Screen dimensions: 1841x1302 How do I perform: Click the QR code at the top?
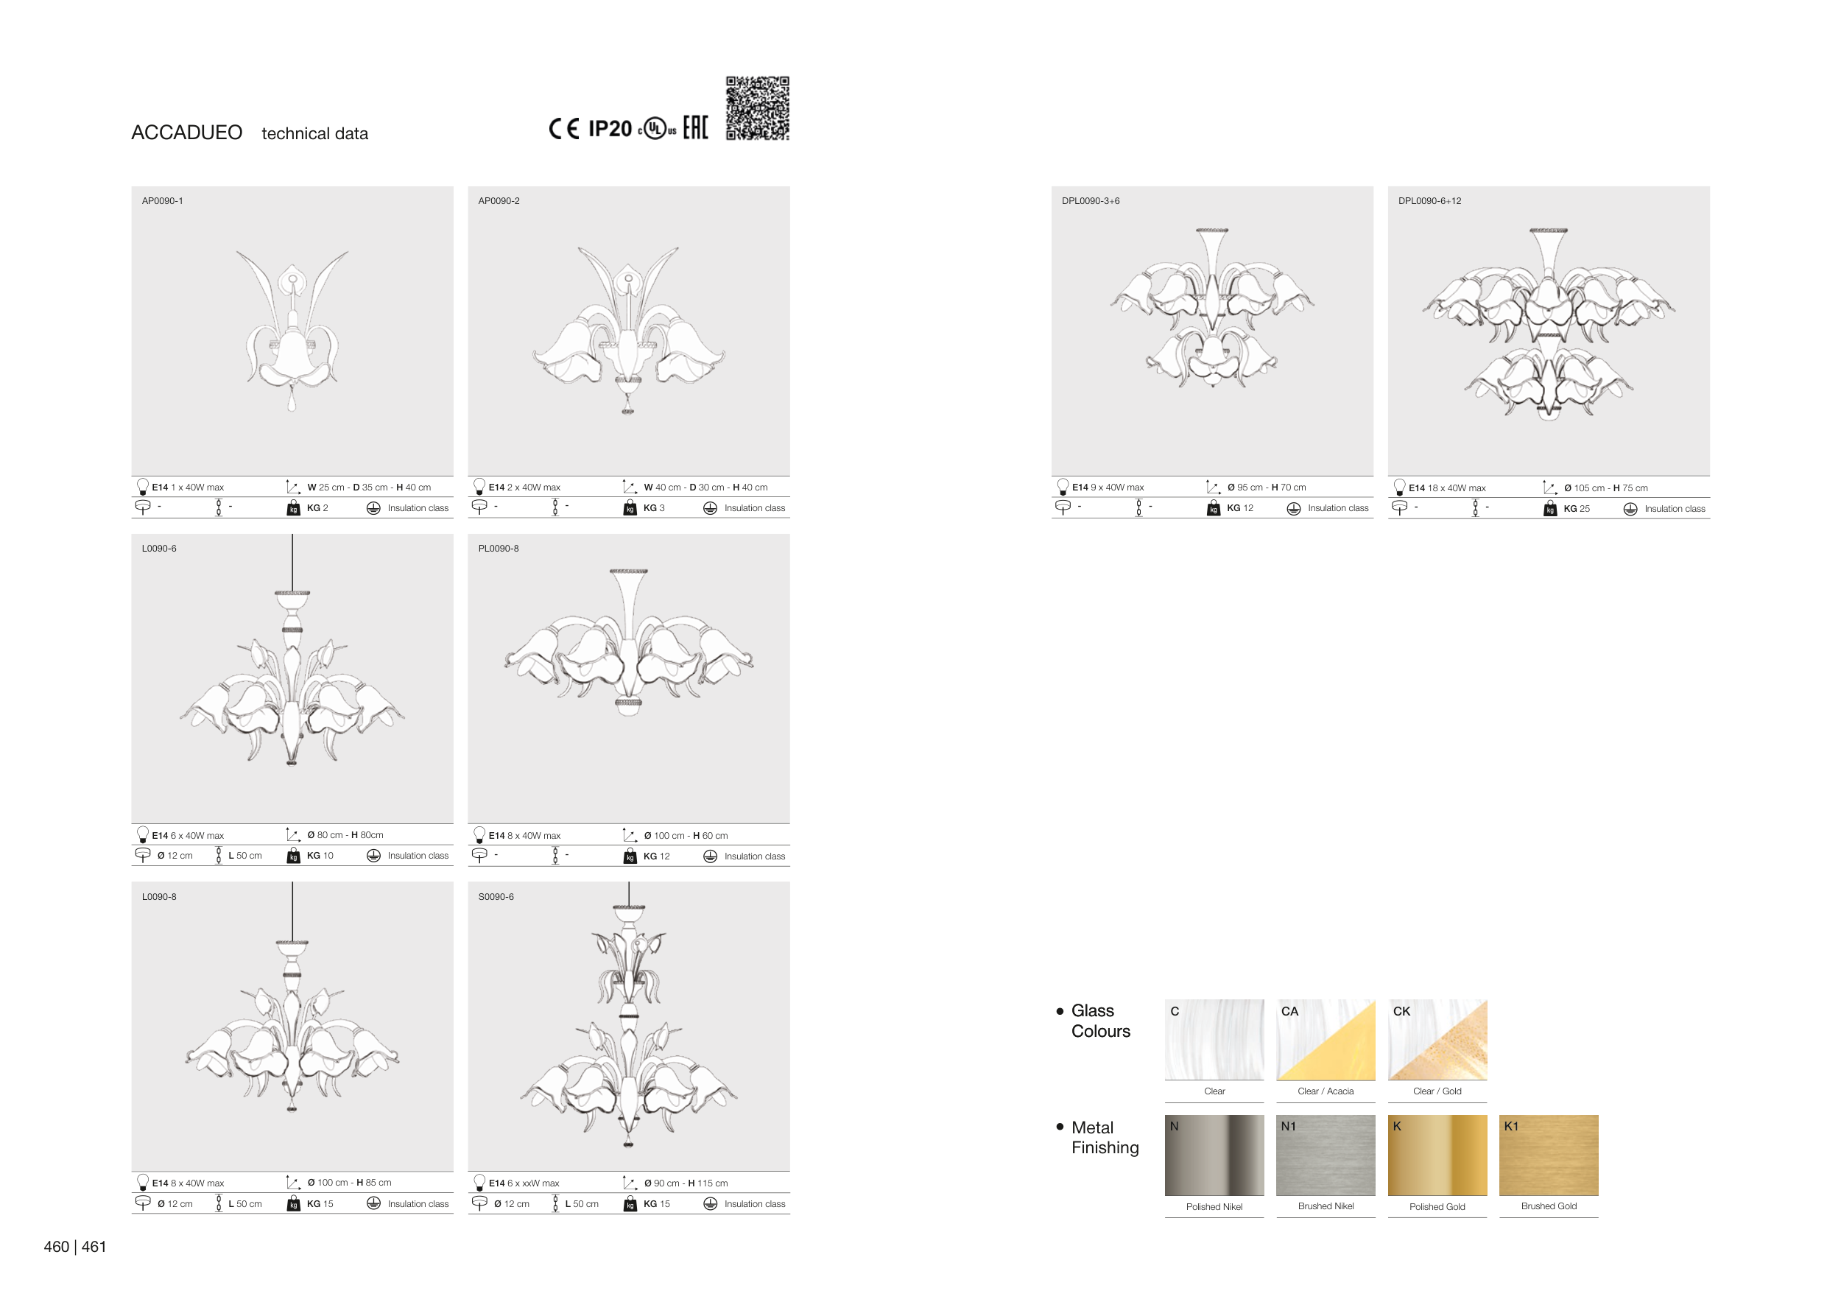[x=757, y=108]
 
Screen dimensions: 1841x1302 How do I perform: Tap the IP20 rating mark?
[x=610, y=129]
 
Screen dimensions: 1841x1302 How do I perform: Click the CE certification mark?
[x=563, y=129]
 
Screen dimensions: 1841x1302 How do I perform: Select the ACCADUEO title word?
[x=187, y=133]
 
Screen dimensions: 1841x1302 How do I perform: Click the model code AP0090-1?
[x=163, y=201]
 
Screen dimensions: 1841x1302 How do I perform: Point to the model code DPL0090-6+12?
[x=1429, y=201]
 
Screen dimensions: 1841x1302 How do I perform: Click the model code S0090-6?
[x=496, y=897]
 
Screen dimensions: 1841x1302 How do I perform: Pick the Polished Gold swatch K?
[x=1437, y=1155]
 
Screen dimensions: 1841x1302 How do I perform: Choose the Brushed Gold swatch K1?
[x=1549, y=1155]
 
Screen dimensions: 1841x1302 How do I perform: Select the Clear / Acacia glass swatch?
[x=1326, y=1040]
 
